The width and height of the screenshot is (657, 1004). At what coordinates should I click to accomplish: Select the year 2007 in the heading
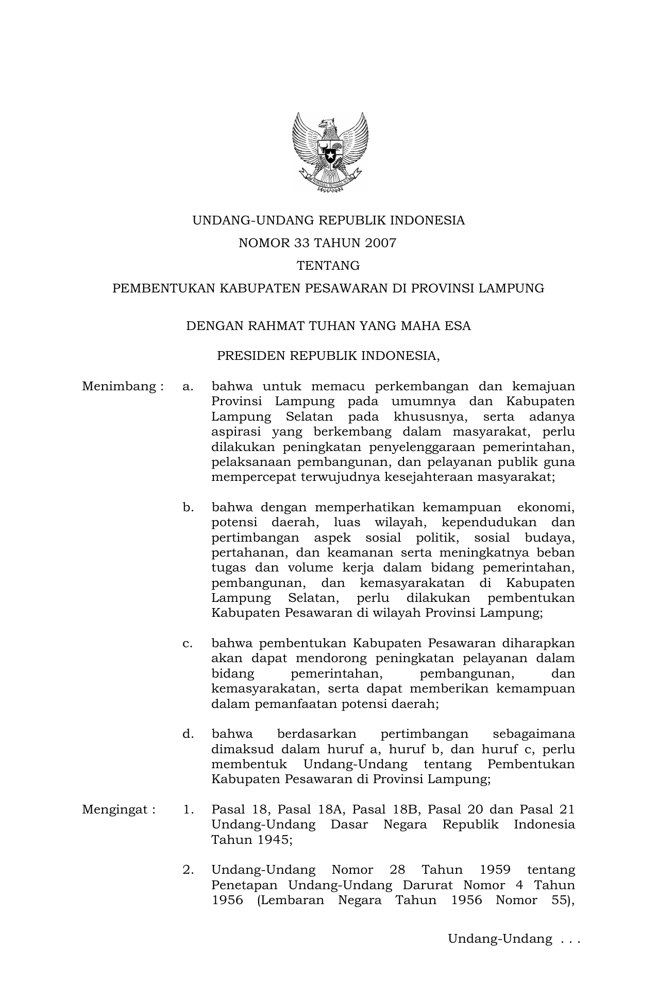coord(381,243)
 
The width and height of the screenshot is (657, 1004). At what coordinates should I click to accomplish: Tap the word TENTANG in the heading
coord(328,266)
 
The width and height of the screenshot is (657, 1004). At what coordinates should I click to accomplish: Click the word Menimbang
coord(119,386)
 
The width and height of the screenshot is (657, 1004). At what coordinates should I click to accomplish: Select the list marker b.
coord(188,508)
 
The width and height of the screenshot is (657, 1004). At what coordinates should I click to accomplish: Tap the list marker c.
coord(188,644)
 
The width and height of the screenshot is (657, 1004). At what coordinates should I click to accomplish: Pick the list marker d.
coord(188,734)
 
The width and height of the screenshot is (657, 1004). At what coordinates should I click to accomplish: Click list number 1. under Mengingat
coord(189,809)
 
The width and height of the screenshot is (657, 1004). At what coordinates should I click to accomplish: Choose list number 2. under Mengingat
coord(189,870)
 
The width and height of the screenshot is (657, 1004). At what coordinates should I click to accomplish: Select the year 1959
coord(495,870)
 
